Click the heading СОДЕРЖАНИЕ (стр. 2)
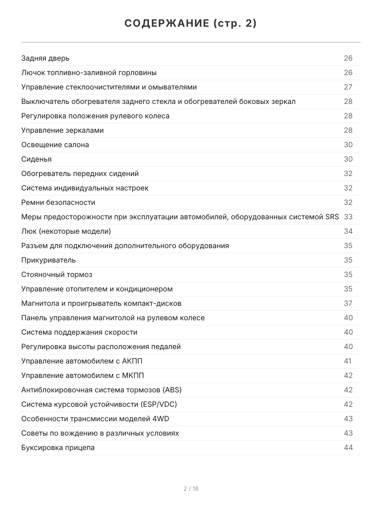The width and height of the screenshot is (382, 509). [191, 24]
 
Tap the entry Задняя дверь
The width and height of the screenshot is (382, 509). [45, 58]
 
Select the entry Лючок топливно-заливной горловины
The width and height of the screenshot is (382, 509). [89, 73]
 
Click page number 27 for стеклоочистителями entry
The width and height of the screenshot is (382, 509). [348, 87]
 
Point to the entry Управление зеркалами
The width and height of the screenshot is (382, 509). [62, 130]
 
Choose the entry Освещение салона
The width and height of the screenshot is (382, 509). [55, 145]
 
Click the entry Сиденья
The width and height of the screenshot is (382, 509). [37, 159]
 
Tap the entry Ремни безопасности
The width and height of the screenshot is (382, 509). [58, 202]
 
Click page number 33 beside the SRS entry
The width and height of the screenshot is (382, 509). [348, 217]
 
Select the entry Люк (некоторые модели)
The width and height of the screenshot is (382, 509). [66, 231]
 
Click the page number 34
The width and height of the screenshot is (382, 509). [348, 231]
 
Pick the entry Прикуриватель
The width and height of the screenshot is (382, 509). [48, 260]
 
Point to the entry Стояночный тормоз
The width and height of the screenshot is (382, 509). [57, 274]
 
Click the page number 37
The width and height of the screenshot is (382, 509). [348, 303]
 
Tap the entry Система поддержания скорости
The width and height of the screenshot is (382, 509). [79, 332]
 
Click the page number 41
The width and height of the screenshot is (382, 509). [348, 361]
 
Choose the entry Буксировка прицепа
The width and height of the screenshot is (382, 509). [58, 447]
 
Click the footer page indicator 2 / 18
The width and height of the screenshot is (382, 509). [191, 489]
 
